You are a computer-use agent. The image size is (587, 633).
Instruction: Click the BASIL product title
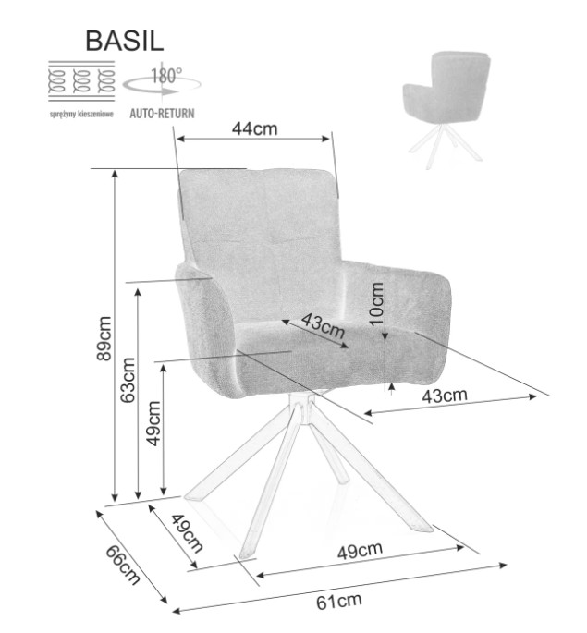tap(125, 41)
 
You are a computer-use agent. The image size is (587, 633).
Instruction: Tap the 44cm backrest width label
tap(255, 128)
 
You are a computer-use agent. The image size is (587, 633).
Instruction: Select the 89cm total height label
tap(104, 338)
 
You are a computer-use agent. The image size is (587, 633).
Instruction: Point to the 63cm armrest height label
tap(128, 380)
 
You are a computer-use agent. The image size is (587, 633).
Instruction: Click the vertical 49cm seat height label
tap(153, 423)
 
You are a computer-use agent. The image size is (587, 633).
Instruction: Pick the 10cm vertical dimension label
tap(376, 304)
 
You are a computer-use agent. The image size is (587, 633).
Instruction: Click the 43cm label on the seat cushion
tap(323, 325)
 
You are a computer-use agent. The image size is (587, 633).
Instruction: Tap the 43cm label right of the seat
tap(445, 396)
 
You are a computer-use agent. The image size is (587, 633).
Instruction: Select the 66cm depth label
tap(123, 565)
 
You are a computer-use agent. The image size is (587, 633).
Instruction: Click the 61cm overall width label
tap(339, 602)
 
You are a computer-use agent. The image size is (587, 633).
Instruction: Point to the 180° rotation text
tap(166, 75)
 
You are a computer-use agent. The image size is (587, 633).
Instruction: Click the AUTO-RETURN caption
tap(162, 113)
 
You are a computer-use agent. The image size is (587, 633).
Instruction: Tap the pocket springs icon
tap(81, 80)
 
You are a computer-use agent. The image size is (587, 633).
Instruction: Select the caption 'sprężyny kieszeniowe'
tap(81, 114)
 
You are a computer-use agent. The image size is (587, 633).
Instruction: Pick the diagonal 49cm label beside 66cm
tap(187, 534)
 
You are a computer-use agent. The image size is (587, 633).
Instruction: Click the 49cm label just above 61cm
tap(361, 551)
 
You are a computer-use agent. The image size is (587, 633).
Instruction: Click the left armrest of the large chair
tap(206, 329)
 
